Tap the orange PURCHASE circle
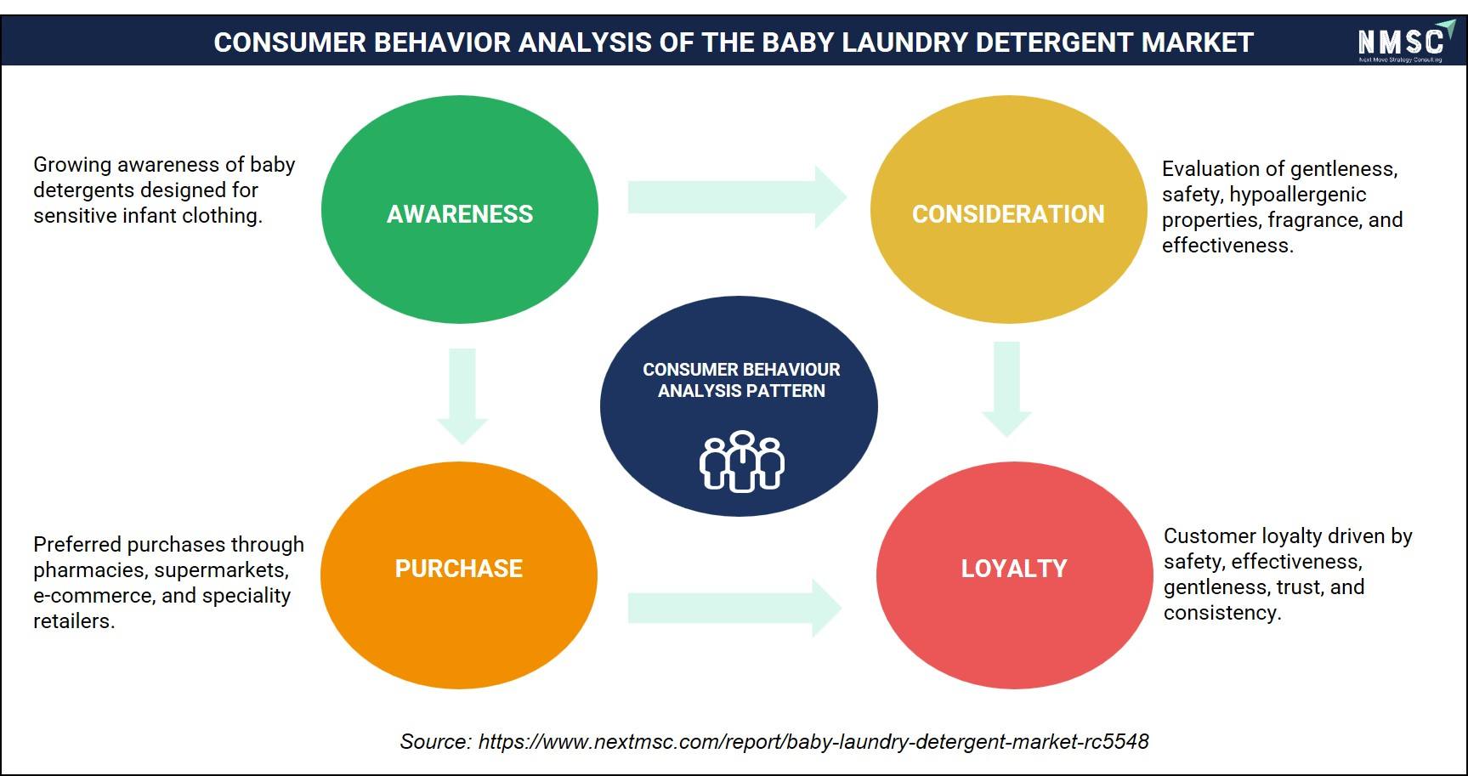[x=459, y=575]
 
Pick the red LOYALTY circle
[x=1014, y=575]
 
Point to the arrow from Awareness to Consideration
[x=737, y=197]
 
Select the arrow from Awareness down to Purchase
[x=462, y=396]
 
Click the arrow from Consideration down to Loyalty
[x=1006, y=389]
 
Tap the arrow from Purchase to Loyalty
[x=734, y=608]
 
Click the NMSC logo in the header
[x=1405, y=42]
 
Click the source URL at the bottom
[x=813, y=741]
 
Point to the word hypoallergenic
[x=1298, y=195]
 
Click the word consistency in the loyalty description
[x=1222, y=613]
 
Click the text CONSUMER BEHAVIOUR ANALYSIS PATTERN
[x=741, y=380]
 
